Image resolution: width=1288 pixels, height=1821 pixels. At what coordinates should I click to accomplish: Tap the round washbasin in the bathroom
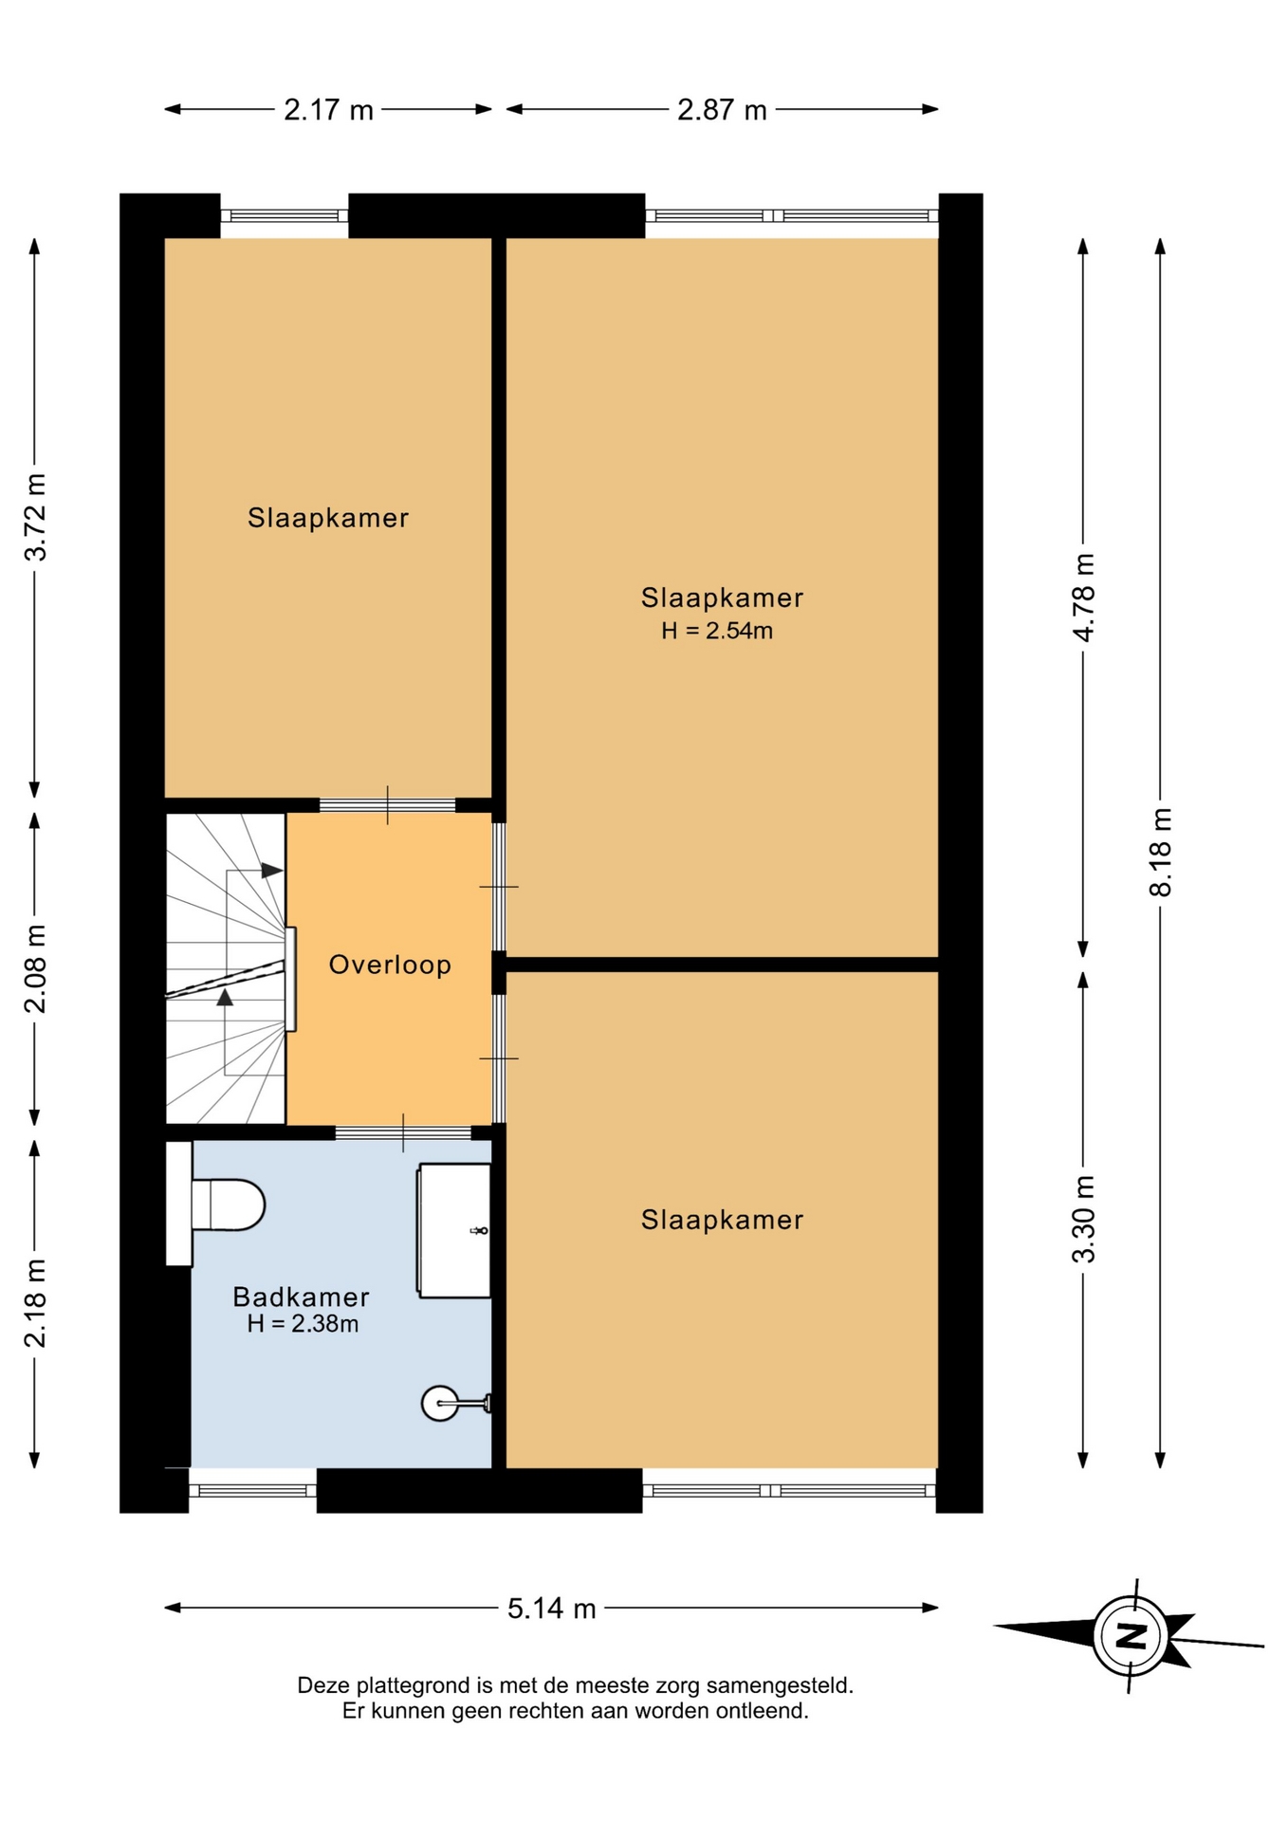point(440,1403)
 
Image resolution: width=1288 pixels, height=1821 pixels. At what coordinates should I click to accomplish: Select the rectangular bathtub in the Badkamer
point(454,1230)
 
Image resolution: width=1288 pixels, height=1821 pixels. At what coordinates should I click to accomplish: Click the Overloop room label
point(390,965)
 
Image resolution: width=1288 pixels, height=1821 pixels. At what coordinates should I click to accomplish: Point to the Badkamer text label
point(301,1297)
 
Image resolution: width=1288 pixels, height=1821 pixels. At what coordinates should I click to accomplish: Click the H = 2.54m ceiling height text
point(717,631)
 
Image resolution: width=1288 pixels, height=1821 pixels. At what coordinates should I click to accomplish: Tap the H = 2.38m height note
point(303,1324)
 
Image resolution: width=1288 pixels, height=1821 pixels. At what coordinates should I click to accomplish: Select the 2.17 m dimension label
point(328,110)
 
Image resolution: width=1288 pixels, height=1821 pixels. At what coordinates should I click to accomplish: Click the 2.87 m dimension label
point(722,110)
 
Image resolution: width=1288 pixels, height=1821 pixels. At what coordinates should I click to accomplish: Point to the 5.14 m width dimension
point(551,1609)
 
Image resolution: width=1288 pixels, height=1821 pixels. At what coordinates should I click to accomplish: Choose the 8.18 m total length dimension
point(1161,852)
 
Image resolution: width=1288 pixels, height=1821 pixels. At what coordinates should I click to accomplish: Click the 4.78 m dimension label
point(1084,598)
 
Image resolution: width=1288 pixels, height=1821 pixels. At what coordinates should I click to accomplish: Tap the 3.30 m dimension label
point(1084,1219)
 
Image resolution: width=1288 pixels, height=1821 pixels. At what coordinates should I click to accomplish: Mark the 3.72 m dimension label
point(35,517)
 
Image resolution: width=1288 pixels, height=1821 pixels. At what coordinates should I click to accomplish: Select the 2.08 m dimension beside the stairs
point(35,968)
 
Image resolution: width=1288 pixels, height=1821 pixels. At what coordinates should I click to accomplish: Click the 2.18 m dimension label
point(35,1303)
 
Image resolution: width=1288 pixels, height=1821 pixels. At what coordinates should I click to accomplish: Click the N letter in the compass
point(1132,1636)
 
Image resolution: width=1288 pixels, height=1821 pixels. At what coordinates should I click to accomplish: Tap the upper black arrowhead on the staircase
point(272,870)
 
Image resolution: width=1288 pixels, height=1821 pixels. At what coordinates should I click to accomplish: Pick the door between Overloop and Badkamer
point(403,1132)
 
